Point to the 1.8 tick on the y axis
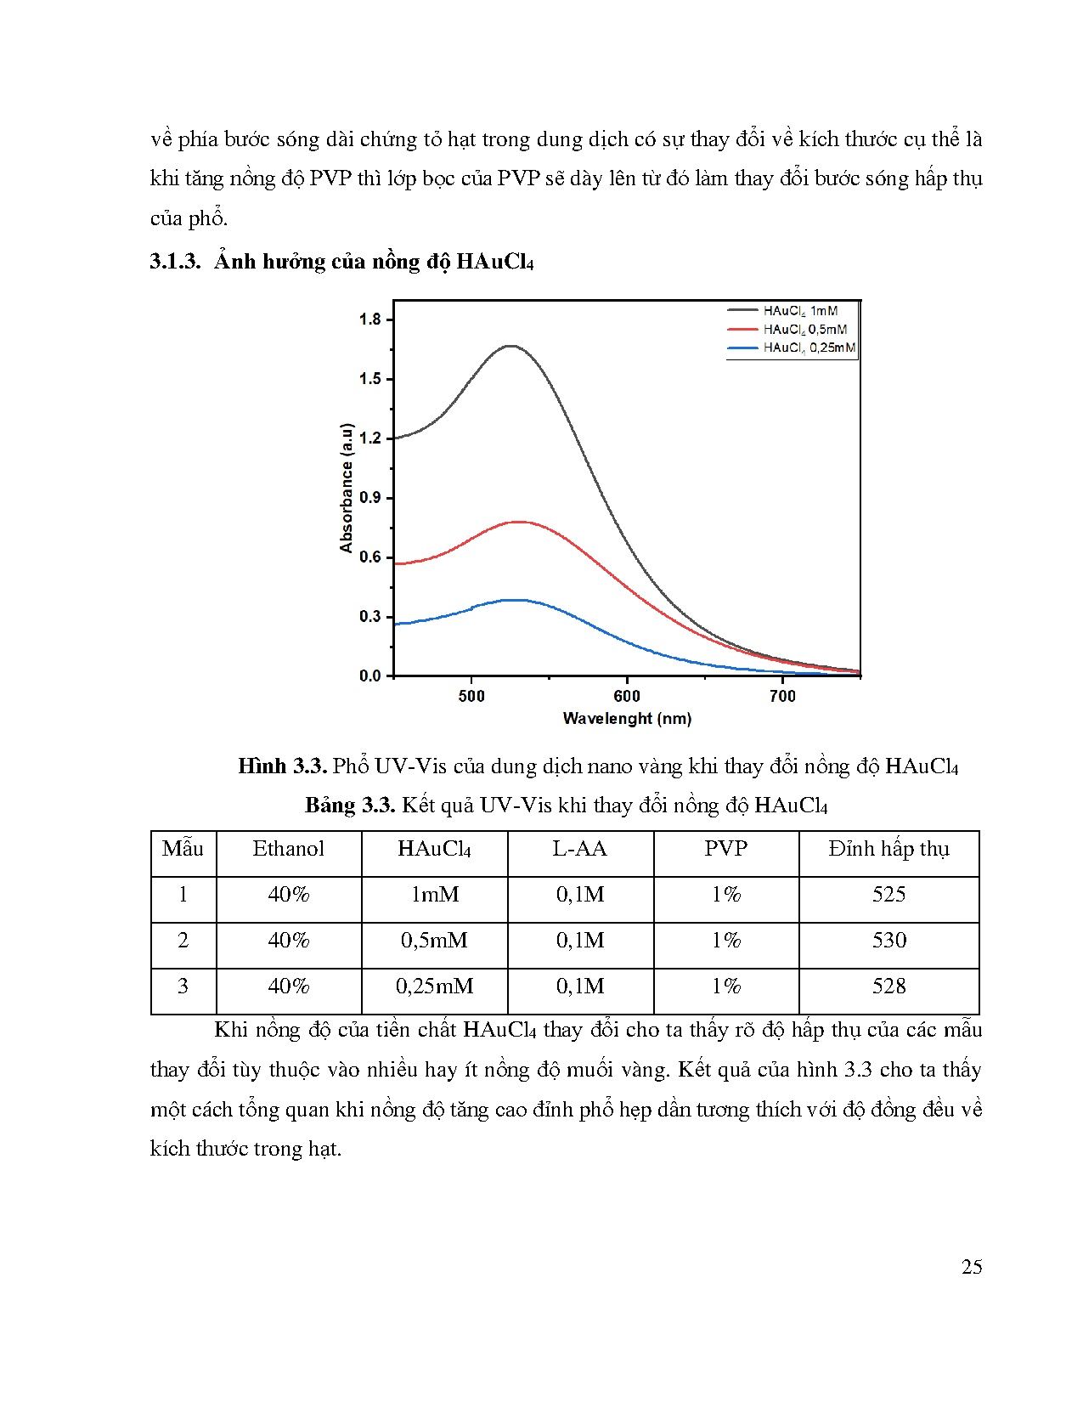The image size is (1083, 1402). click(370, 319)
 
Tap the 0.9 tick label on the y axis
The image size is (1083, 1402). click(370, 498)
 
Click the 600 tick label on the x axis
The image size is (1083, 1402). click(627, 696)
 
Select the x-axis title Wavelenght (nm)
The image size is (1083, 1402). click(627, 719)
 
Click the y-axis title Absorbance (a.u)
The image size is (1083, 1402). click(347, 488)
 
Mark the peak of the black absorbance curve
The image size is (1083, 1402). click(510, 346)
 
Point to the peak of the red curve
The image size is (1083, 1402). click(516, 522)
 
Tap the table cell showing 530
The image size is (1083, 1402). click(888, 941)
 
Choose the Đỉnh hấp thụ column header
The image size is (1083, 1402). click(888, 849)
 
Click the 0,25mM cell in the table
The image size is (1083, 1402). click(434, 986)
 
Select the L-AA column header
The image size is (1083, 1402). click(580, 849)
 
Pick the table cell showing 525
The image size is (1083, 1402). click(888, 895)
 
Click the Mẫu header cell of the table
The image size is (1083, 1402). click(183, 849)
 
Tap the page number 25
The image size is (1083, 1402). click(972, 1267)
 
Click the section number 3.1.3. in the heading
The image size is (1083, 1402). click(175, 262)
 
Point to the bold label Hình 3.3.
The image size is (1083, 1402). click(282, 766)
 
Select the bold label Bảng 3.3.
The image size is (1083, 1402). click(350, 806)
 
